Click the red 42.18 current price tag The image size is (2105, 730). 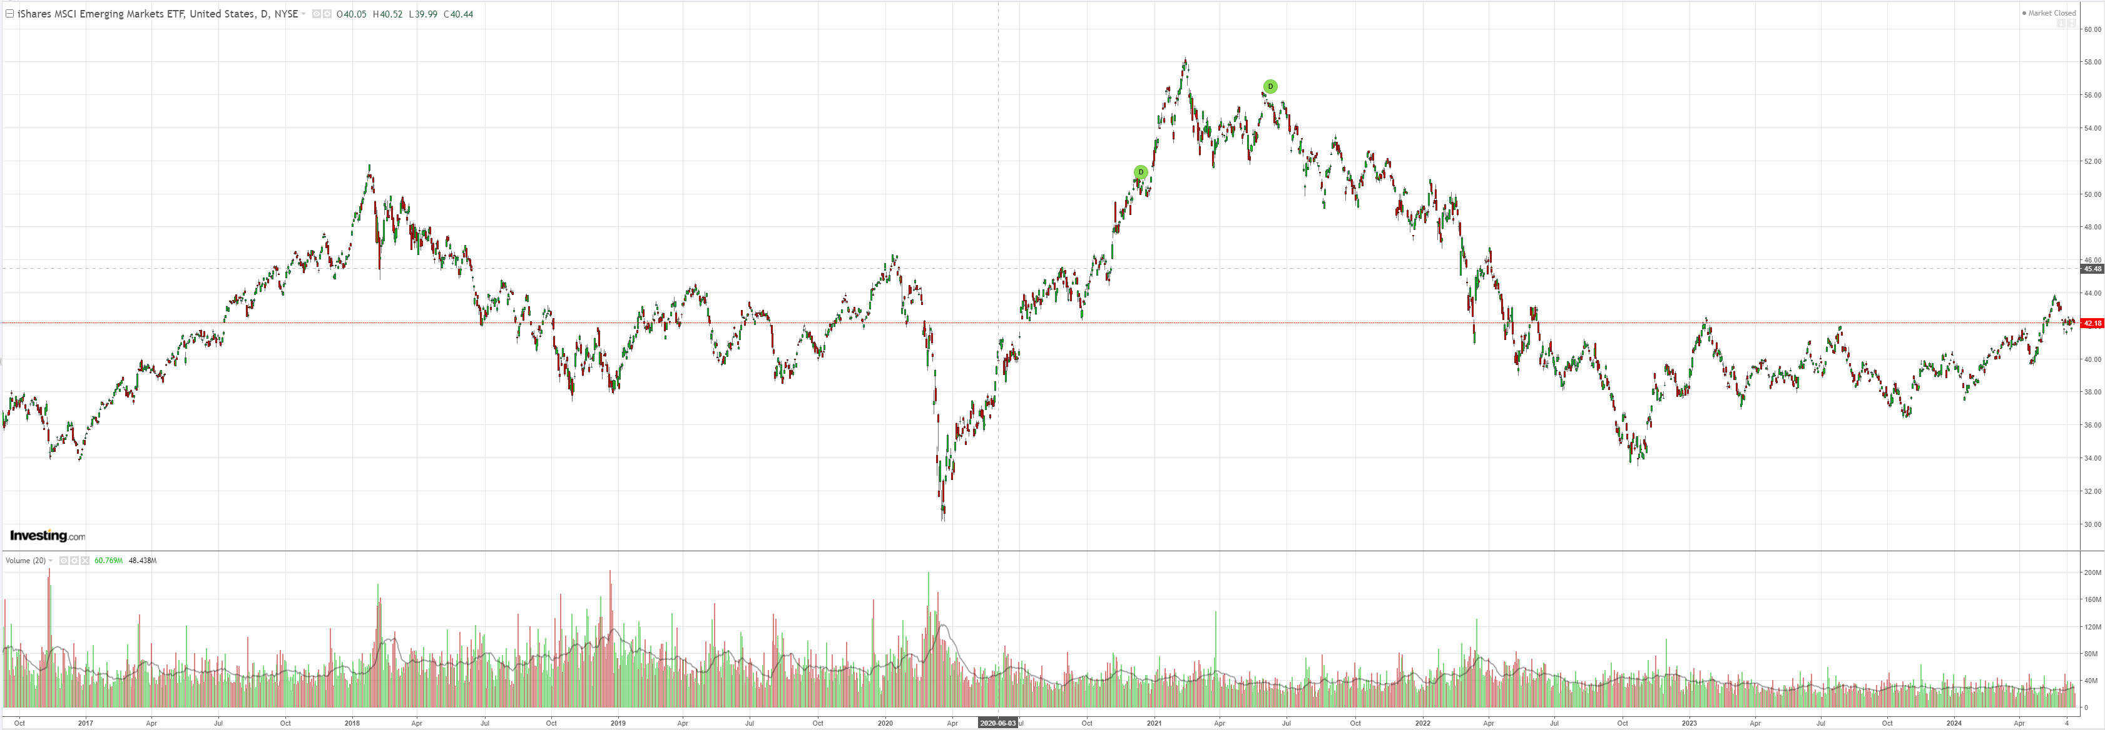(2092, 323)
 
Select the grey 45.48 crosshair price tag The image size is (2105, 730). (2092, 269)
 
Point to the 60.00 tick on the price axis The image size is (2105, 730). (2092, 29)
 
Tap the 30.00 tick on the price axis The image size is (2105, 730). (2092, 524)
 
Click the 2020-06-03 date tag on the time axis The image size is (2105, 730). (998, 722)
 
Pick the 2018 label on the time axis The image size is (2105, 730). (352, 722)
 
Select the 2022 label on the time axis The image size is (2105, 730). (1423, 722)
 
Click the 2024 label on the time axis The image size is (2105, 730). (1954, 722)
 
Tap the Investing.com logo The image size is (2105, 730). (48, 536)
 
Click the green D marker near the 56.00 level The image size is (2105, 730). (1270, 86)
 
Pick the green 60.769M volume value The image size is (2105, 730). (109, 560)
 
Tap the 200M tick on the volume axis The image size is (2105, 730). (2092, 572)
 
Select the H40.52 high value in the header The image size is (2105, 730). (387, 14)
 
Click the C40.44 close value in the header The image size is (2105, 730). (459, 14)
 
